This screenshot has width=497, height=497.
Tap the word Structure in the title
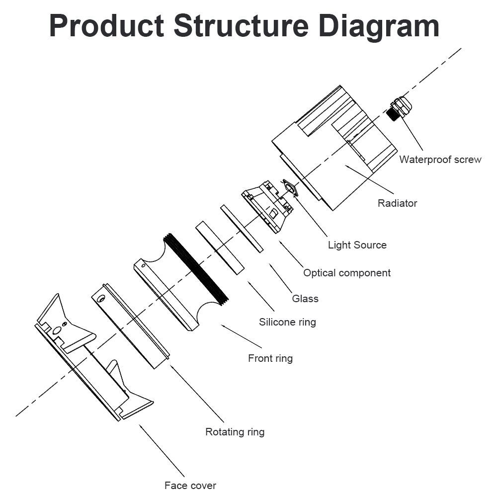241,26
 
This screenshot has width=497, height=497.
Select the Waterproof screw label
440,160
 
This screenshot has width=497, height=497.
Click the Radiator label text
397,203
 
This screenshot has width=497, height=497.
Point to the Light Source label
357,245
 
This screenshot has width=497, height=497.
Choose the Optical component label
347,272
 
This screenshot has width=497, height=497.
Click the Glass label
305,298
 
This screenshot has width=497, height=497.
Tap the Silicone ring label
287,322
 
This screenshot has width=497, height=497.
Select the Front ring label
270,358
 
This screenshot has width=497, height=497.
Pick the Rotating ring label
235,431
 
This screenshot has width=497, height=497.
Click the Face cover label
190,485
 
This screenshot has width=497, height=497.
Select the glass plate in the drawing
242,229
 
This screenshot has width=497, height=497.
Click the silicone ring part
219,248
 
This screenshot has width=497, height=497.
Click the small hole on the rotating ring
101,299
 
